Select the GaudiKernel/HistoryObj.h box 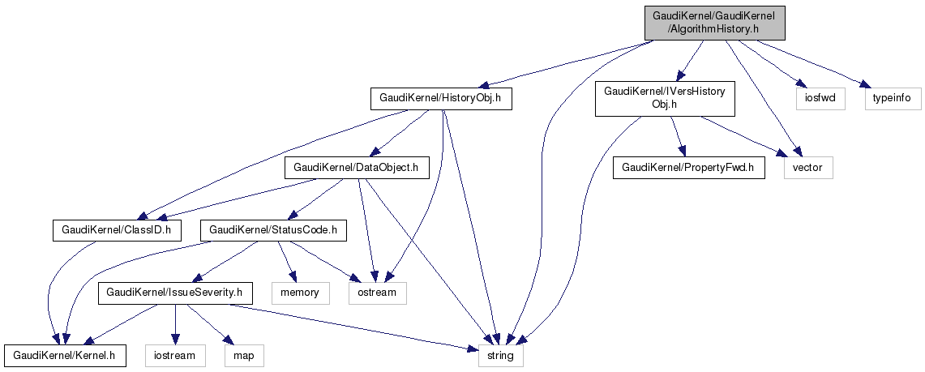pos(441,99)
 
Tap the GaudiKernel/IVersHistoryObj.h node pos(665,99)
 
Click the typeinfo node pos(892,99)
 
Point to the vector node pos(807,168)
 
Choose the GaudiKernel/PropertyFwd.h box pos(688,168)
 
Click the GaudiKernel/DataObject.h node pos(356,168)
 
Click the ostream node pos(377,292)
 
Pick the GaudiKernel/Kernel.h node pos(65,354)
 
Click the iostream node pos(175,354)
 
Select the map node pos(244,354)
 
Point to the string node pos(500,354)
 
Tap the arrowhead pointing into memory pos(290,277)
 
